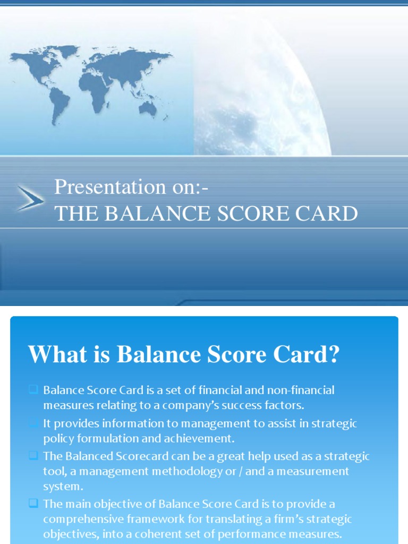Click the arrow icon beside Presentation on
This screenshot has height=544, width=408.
pos(30,198)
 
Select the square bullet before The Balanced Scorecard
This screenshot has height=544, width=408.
pos(33,455)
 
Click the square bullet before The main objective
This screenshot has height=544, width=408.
pos(33,503)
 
